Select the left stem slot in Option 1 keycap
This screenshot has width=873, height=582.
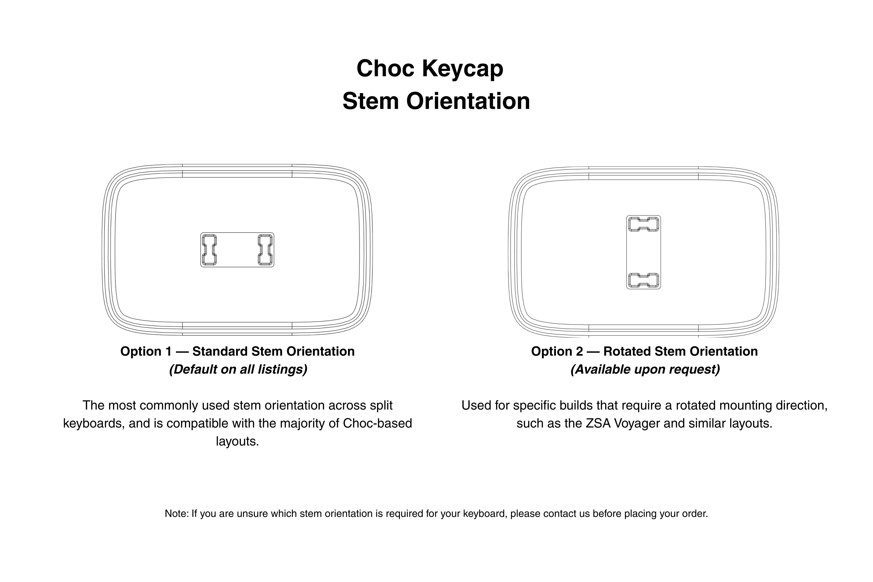point(209,250)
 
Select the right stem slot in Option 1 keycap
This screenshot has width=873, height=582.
point(265,250)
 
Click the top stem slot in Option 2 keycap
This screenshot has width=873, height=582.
point(644,224)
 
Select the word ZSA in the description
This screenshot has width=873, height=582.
point(598,424)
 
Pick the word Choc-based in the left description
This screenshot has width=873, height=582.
point(378,424)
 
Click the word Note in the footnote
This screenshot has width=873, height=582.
point(176,514)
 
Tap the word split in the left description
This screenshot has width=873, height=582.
point(381,406)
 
